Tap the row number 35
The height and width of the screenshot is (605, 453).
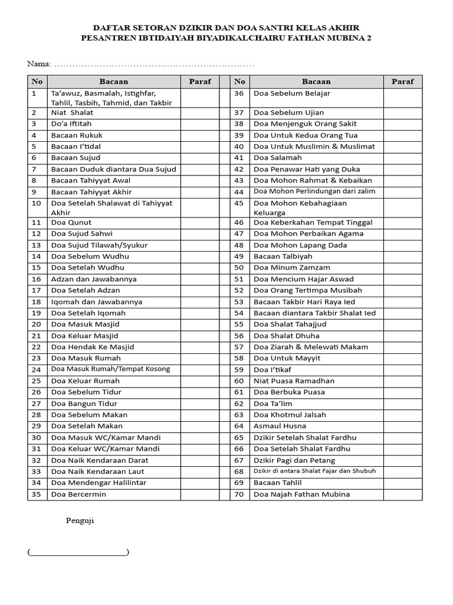pos(37,495)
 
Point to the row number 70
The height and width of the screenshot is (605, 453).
pos(239,495)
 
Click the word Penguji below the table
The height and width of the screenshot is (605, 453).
pos(80,521)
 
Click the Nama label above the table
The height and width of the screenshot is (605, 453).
pos(38,64)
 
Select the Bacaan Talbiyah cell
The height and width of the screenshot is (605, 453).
pos(283,256)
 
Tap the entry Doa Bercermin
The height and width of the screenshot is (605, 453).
pos(78,495)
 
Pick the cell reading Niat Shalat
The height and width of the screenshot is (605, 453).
pos(72,112)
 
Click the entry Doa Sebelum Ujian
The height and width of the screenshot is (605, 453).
pos(288,112)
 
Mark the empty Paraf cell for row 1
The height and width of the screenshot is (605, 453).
pos(199,98)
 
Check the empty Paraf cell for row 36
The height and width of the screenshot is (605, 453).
pos(402,98)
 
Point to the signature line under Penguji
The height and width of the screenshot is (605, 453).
pos(78,552)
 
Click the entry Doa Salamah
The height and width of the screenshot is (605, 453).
pos(277,158)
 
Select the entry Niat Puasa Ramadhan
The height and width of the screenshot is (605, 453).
pos(294,381)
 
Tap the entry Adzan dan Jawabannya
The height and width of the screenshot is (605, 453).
pos(94,279)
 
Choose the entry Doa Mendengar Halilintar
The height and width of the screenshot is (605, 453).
pos(99,483)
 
